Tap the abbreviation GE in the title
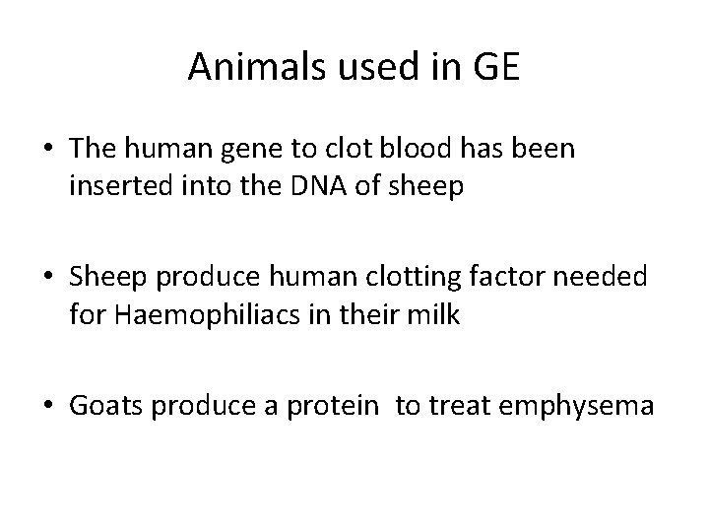[497, 67]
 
